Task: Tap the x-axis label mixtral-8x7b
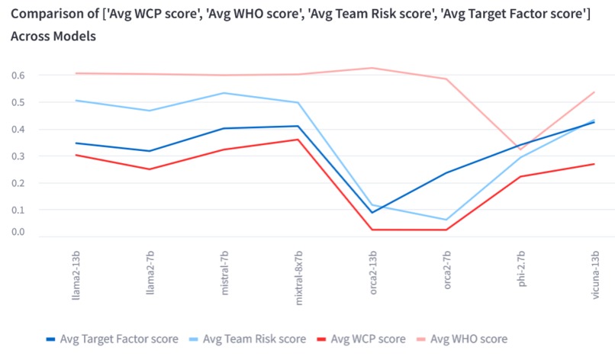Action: (298, 275)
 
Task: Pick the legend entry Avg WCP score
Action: (368, 339)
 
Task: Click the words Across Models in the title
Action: (53, 36)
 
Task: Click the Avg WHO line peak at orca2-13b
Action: (372, 68)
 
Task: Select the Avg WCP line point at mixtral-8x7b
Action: (298, 140)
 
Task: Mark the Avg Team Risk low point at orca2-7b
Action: (446, 220)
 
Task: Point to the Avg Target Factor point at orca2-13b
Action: (372, 212)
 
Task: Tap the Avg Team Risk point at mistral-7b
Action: (224, 93)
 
